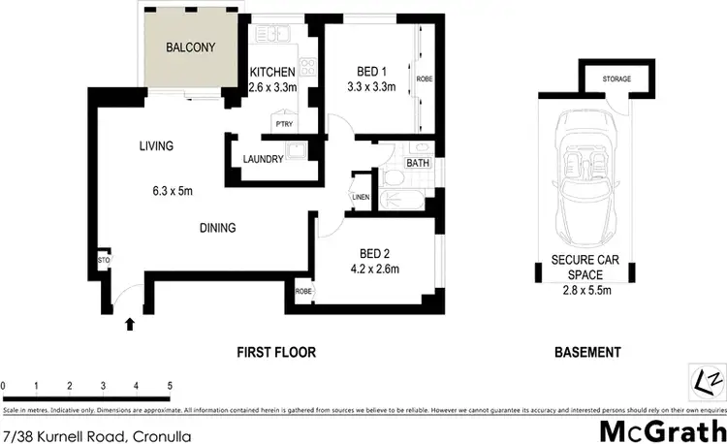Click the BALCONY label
point(189,48)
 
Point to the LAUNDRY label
point(263,159)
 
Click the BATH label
point(418,163)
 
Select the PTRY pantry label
point(285,124)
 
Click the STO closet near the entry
point(103,260)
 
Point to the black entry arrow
point(130,325)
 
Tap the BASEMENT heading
point(588,352)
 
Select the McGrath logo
point(663,429)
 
